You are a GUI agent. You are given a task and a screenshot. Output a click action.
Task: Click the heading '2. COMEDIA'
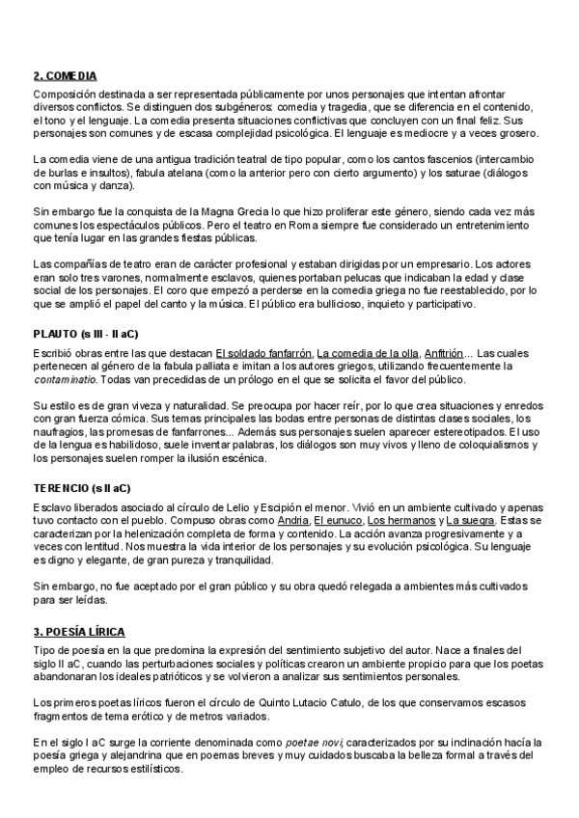(x=65, y=75)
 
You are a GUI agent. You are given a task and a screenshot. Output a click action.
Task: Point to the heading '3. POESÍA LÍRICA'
(x=78, y=631)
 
